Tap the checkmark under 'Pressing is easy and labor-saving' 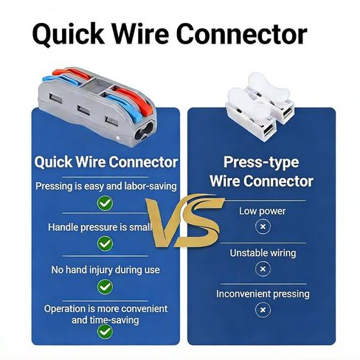[105, 204]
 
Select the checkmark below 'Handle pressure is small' [105, 243]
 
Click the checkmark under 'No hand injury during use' [105, 287]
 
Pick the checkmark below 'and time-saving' [105, 332]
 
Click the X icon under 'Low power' [263, 226]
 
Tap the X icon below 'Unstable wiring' [263, 269]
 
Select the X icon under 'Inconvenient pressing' [263, 310]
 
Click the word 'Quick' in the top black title [69, 34]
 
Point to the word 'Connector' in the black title [241, 34]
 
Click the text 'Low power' [263, 211]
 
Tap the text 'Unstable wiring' [263, 253]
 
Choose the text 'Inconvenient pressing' [263, 294]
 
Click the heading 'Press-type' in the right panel [261, 163]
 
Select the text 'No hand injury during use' [105, 270]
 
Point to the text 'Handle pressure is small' [100, 227]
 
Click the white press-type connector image [260, 107]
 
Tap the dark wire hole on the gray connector [144, 130]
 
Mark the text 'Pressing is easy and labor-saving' [106, 187]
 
